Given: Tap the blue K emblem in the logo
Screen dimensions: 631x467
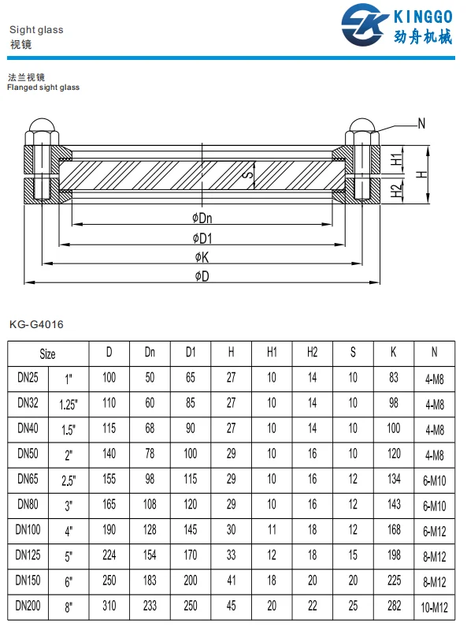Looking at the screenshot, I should (x=363, y=26).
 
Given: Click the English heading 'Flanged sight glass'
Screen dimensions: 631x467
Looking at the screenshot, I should (x=43, y=88).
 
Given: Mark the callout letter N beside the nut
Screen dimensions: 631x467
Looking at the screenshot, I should (x=422, y=123).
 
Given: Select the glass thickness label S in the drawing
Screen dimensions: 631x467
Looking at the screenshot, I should (x=246, y=173).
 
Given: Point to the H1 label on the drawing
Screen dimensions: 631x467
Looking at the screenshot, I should (x=397, y=159).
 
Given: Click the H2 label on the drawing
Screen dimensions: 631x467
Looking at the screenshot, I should (x=397, y=189).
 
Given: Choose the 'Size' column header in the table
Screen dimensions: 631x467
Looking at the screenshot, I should (x=48, y=353).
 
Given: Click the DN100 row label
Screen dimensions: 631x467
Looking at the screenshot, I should (x=29, y=530).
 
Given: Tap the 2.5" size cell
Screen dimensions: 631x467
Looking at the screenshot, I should (x=69, y=480).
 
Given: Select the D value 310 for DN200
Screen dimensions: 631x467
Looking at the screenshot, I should (x=109, y=606).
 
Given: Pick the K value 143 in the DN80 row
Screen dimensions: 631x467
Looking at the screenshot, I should (x=394, y=505).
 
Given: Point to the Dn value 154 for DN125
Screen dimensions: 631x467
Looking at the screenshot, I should (x=150, y=555).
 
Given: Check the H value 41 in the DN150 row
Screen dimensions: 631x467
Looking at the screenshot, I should (x=231, y=581).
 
